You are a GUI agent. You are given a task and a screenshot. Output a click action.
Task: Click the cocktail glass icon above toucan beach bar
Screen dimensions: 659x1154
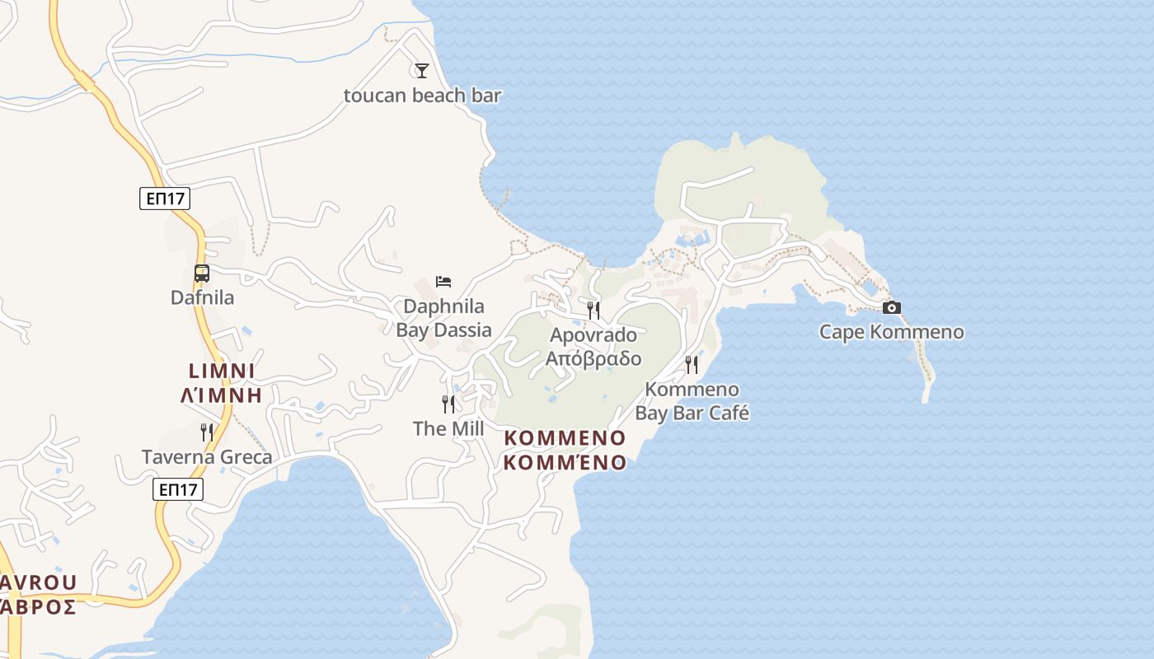422,71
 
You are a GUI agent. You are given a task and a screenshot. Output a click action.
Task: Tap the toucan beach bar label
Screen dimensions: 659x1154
422,96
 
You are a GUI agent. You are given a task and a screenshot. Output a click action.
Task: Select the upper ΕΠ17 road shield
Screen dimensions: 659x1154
165,198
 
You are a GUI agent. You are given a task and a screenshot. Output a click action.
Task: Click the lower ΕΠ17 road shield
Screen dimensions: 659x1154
178,489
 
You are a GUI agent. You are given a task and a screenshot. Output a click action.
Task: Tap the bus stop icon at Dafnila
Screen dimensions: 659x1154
202,273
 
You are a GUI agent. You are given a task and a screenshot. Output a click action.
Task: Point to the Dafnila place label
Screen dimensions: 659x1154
202,297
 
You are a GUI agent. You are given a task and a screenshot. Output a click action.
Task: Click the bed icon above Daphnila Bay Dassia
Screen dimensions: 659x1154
443,282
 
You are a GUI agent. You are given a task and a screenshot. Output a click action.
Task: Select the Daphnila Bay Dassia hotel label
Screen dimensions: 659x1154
443,318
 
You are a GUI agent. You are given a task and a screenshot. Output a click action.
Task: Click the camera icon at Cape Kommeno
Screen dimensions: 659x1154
891,308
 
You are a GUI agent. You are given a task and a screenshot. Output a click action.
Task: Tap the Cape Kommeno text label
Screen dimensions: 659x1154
891,332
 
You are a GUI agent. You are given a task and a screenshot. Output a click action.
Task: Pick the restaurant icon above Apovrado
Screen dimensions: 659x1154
593,310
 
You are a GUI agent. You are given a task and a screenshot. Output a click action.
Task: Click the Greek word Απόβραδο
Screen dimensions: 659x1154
593,359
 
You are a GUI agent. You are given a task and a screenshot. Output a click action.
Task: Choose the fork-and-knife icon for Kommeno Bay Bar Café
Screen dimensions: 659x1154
692,364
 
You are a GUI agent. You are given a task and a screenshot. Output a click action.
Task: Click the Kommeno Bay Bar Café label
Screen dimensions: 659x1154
692,400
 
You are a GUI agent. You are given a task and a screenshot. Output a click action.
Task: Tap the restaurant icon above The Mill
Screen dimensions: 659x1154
448,404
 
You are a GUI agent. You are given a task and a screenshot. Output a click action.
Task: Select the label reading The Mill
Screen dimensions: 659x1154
448,428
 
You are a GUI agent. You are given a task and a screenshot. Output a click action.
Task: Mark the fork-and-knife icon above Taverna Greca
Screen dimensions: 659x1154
207,432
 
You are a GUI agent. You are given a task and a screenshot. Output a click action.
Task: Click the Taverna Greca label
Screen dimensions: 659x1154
207,456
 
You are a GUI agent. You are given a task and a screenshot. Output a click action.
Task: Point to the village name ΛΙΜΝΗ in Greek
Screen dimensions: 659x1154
221,395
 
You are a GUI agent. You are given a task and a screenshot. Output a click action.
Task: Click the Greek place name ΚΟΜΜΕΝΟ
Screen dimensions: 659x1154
565,463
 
